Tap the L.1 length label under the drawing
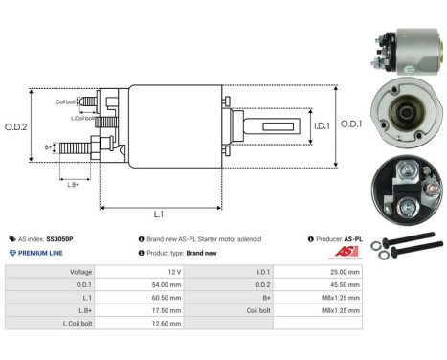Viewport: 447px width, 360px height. tap(158, 214)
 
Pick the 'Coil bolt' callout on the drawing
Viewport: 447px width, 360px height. tap(66, 101)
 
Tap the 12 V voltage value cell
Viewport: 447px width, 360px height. tap(173, 272)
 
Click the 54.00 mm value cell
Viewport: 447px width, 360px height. tap(167, 284)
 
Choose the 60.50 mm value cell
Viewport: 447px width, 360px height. tap(167, 298)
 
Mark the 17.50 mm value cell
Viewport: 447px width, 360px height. tap(167, 311)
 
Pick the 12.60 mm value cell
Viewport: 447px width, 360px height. tap(167, 325)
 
